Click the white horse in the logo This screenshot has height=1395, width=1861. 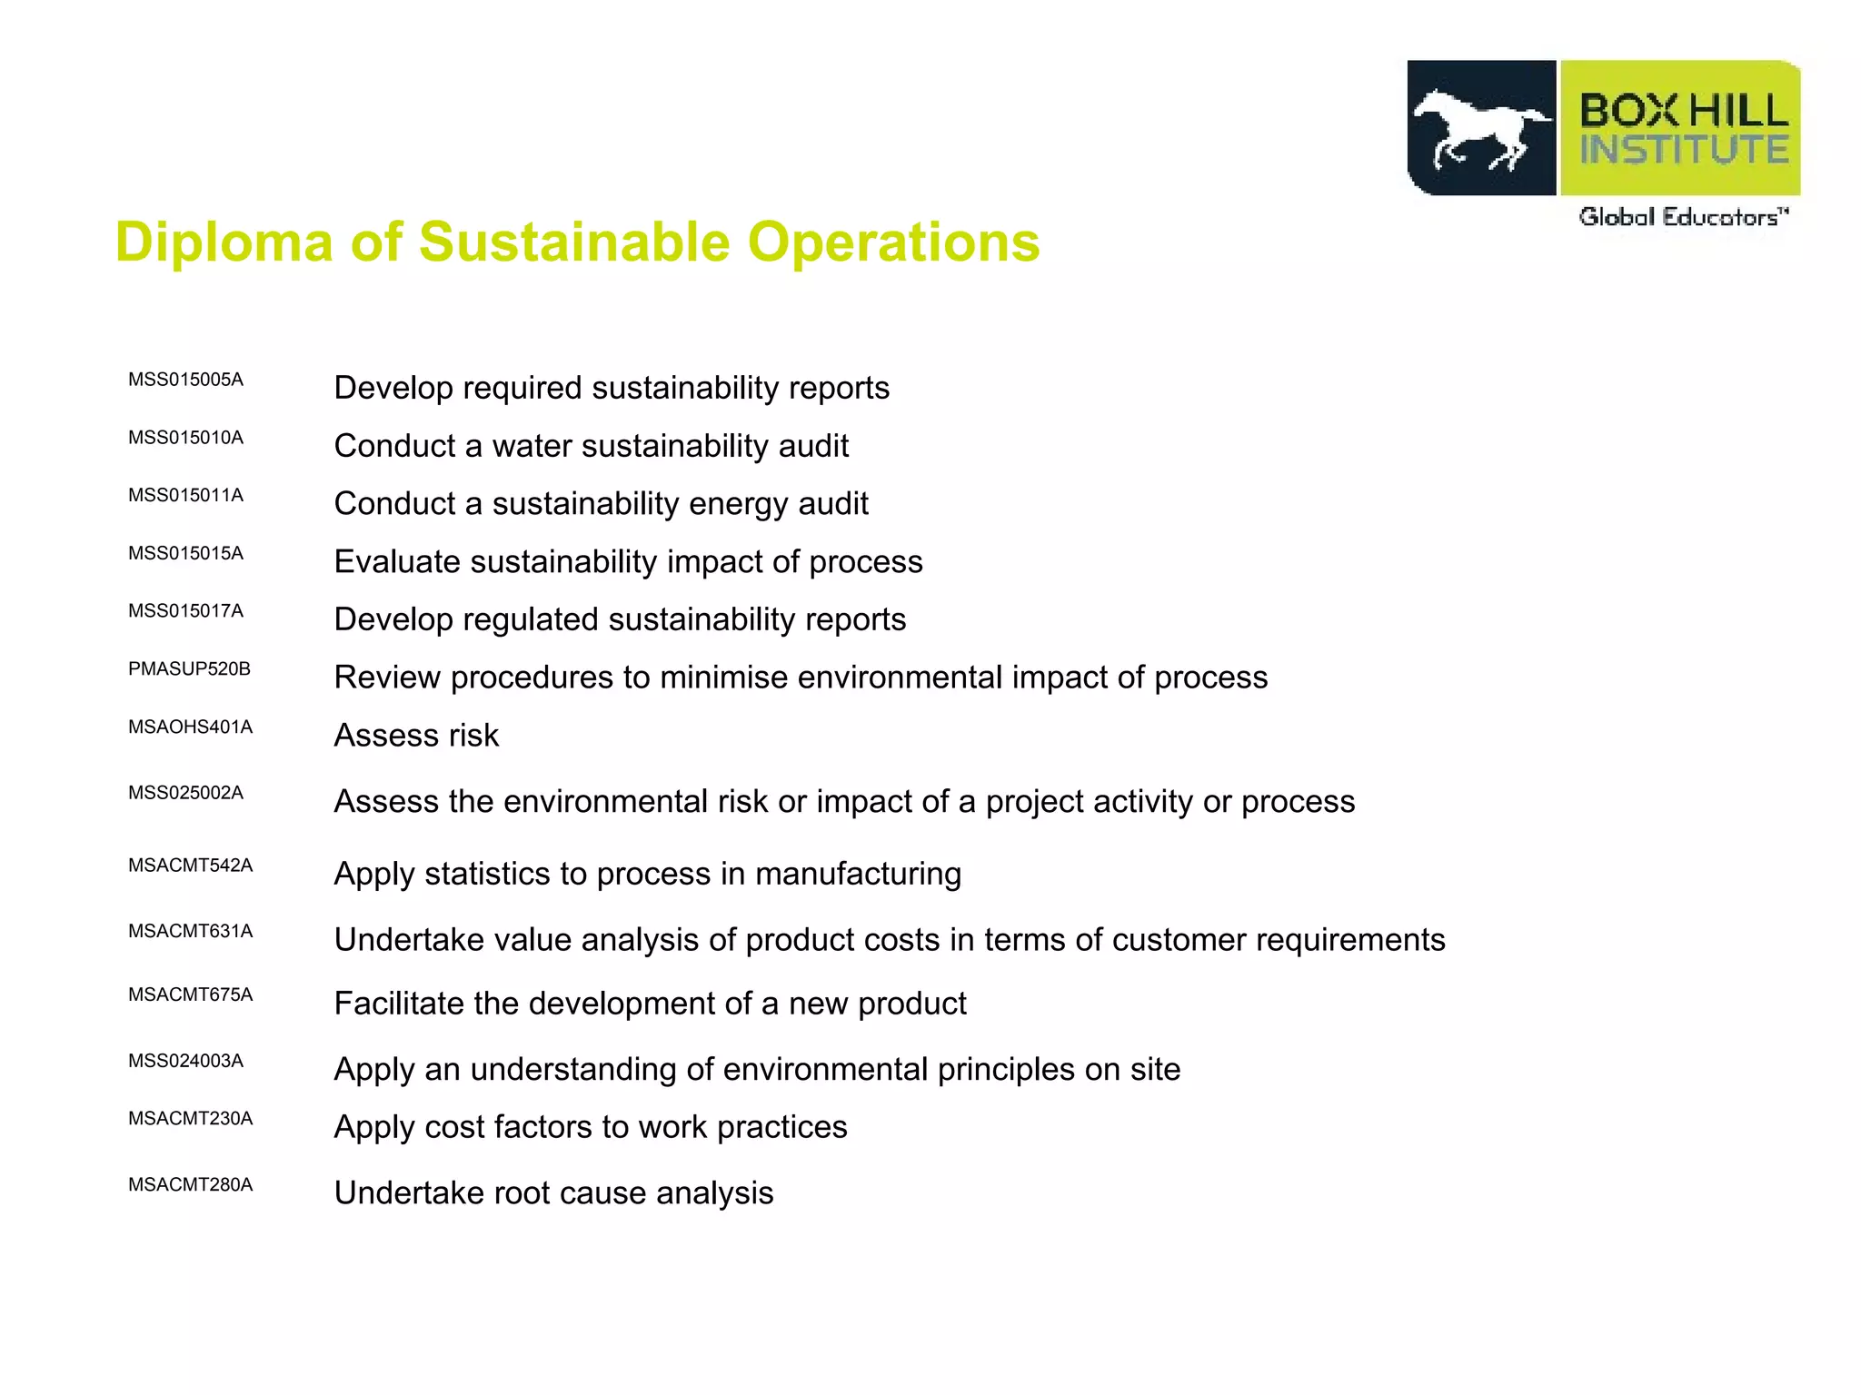(x=1480, y=129)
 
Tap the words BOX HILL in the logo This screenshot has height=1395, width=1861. (x=1684, y=111)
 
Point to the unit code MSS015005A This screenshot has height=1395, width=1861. (x=185, y=380)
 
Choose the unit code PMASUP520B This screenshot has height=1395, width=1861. (x=189, y=669)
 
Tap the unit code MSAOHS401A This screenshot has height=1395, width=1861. (x=190, y=727)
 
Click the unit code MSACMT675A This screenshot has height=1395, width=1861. (x=190, y=994)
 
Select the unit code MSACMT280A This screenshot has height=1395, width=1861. (x=190, y=1184)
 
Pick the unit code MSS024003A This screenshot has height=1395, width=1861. (x=185, y=1061)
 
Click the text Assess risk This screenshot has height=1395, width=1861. (x=416, y=736)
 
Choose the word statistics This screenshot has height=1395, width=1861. (x=487, y=874)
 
